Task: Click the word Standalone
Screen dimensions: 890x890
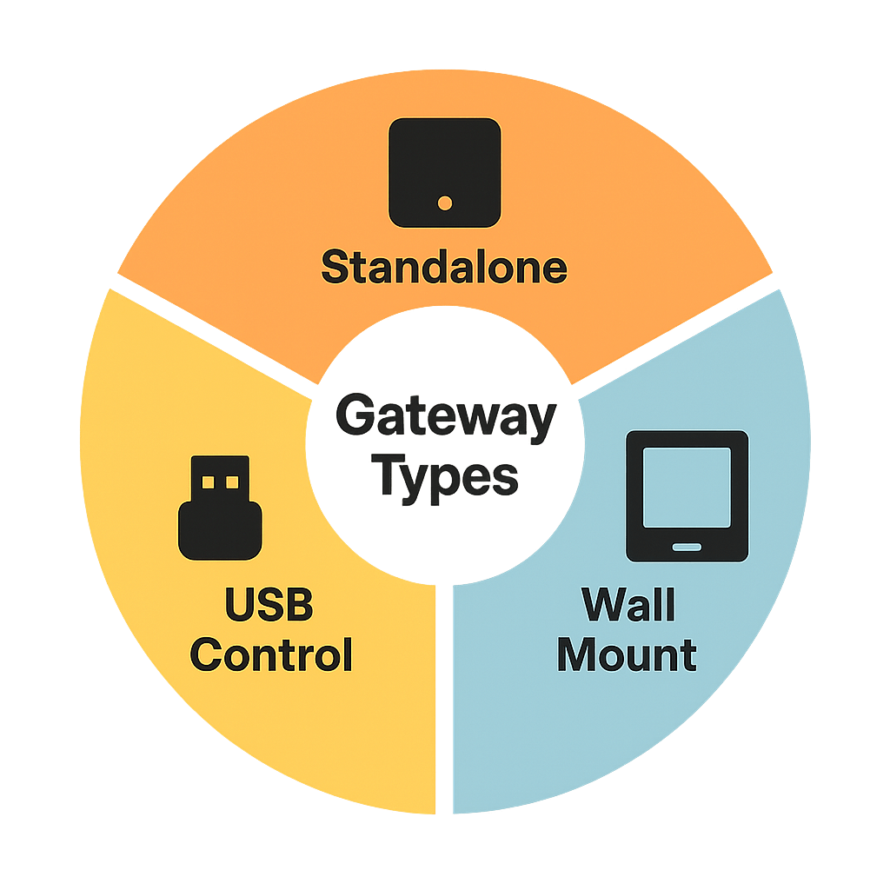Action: pos(444,267)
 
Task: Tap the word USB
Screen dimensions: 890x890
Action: pos(269,605)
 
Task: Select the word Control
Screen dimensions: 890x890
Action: pos(271,654)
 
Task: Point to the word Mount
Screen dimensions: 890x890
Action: pos(627,654)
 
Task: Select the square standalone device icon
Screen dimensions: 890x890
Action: pos(445,172)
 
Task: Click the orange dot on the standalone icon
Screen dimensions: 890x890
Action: pos(445,203)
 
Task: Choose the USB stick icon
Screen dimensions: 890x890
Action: pos(220,508)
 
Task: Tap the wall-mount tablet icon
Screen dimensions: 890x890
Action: pos(687,495)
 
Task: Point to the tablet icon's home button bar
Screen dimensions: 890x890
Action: pos(687,546)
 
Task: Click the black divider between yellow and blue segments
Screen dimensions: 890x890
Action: pos(444,695)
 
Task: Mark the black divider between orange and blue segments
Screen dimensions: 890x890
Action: pos(674,334)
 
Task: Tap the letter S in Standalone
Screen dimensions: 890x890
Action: pos(335,268)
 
